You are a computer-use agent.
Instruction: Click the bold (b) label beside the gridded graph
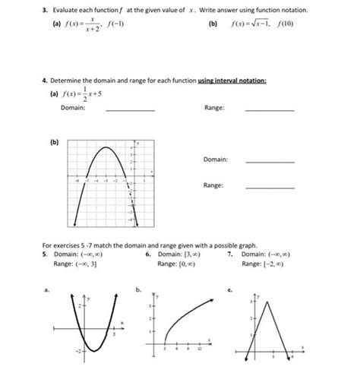point(54,141)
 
